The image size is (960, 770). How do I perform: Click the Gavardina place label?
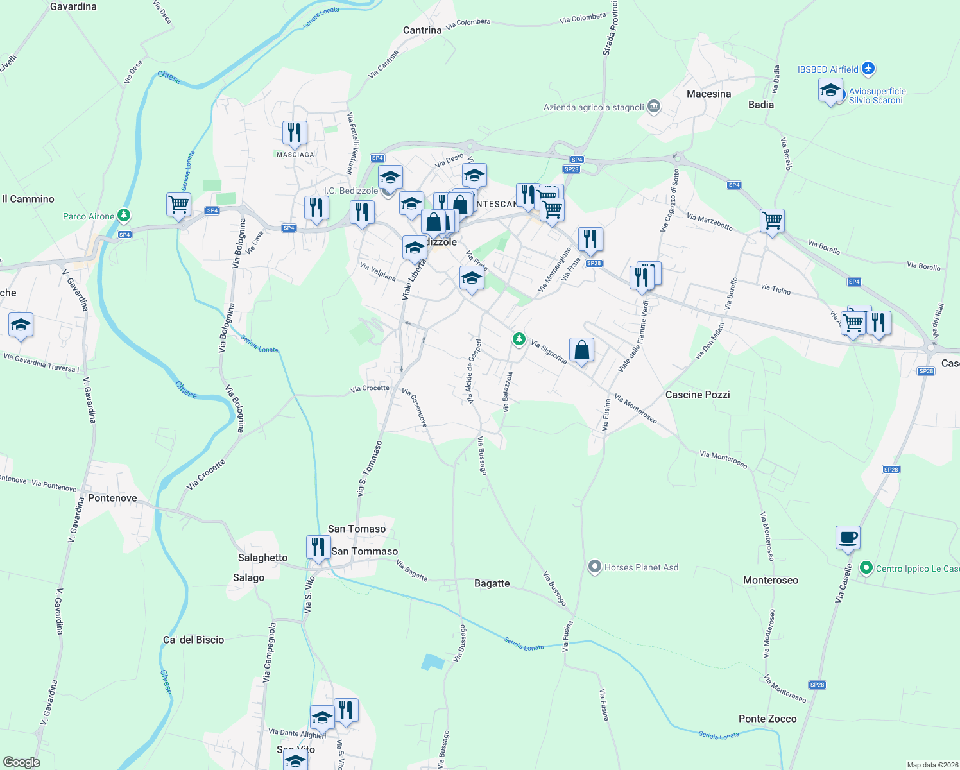(73, 6)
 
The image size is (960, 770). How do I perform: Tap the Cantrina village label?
(422, 30)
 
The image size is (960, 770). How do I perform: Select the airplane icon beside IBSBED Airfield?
(868, 68)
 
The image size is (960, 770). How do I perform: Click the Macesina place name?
(708, 94)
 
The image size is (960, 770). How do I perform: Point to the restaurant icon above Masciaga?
(295, 132)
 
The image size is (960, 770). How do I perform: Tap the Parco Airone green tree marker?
(124, 216)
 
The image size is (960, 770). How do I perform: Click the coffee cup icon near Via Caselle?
(848, 537)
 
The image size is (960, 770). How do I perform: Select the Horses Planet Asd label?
(641, 567)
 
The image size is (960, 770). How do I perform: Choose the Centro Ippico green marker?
(866, 568)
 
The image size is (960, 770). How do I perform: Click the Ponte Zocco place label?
(767, 719)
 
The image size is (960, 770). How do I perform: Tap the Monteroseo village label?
(771, 580)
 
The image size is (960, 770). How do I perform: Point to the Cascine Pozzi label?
(698, 395)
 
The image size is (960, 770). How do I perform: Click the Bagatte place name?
(492, 583)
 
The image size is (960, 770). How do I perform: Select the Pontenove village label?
(112, 498)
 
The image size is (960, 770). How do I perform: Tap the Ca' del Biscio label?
(193, 640)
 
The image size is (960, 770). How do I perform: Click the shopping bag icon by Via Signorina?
(581, 350)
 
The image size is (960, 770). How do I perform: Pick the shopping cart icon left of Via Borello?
(773, 220)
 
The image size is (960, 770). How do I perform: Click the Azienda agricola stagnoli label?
(594, 107)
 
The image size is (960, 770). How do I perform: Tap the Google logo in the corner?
(22, 762)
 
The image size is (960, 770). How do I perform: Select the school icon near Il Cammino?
(21, 325)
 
